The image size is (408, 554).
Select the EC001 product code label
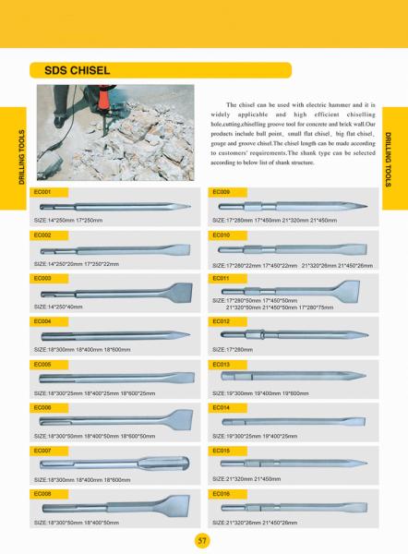[42, 192]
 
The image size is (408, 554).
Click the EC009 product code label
[222, 192]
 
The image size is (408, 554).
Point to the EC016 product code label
[222, 495]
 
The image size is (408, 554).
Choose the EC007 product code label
[42, 452]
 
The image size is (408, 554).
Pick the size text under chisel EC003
[58, 306]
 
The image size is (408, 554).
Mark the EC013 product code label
[222, 365]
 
